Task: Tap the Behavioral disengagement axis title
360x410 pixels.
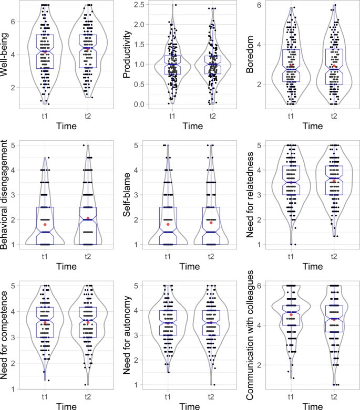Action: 7,194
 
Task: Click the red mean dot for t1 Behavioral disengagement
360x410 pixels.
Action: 45,225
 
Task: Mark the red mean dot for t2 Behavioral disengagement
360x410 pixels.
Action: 88,218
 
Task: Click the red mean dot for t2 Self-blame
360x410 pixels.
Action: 211,223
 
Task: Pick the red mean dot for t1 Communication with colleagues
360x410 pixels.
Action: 291,314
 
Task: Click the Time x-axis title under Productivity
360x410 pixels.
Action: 190,126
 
